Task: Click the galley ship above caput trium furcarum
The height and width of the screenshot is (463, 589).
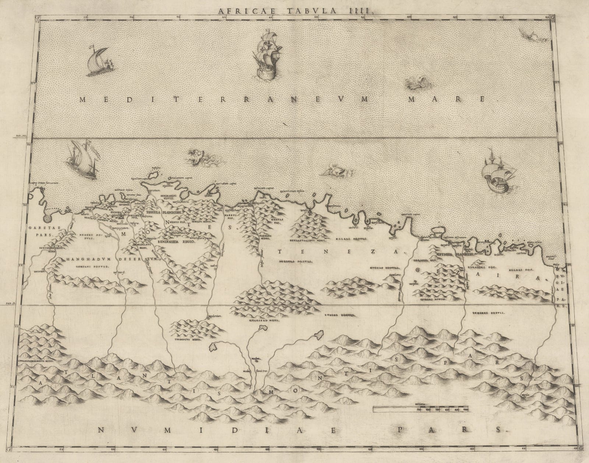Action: pos(82,160)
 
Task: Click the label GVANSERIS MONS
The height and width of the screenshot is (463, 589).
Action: pos(253,320)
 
